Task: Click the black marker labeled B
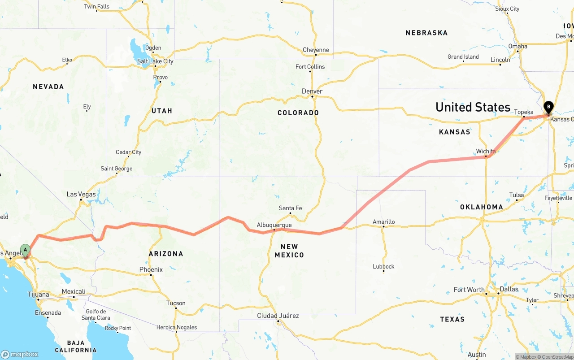pos(548,107)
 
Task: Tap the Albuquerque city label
pos(274,225)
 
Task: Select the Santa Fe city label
pos(290,208)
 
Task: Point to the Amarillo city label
pos(384,221)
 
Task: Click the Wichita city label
pos(486,151)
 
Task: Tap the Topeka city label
pos(524,112)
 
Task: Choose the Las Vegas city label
pos(81,194)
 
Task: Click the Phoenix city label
pos(151,269)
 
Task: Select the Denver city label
pos(312,91)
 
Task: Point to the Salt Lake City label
pos(155,61)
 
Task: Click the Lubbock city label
pos(383,266)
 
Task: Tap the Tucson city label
pos(176,303)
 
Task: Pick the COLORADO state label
pos(298,113)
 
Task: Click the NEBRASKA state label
pos(426,33)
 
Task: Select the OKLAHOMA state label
pos(482,207)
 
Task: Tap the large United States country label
pos(473,107)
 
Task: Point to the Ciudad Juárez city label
pos(278,316)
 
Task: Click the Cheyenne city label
pos(316,50)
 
